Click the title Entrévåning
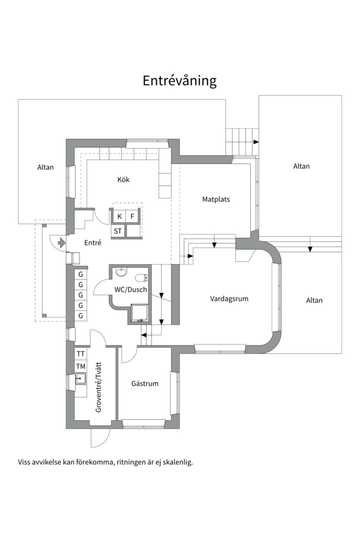coord(180,81)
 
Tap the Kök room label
coord(123,179)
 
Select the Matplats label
coord(216,199)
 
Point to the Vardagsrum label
coord(229,298)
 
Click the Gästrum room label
coord(144,383)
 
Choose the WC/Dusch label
coord(130,289)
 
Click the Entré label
coord(92,243)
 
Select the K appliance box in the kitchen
coord(119,216)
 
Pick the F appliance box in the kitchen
coord(132,216)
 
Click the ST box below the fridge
coord(118,231)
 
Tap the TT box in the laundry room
coord(80,354)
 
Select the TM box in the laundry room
coord(80,366)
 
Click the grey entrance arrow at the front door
coord(61,242)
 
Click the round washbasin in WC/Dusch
coord(121,272)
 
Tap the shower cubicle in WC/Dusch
coord(140,313)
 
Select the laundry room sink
coord(80,379)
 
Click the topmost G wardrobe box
coord(81,274)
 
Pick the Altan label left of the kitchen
coord(45,167)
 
